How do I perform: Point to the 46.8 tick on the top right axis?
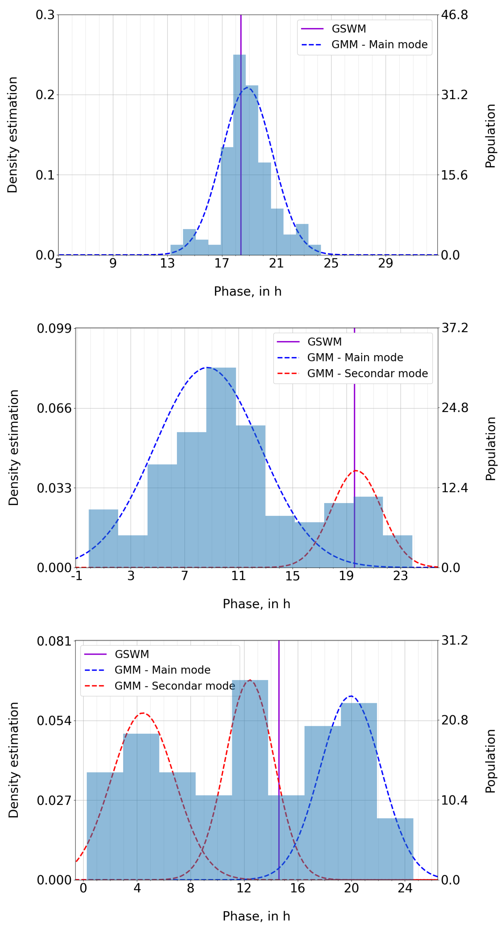(x=454, y=15)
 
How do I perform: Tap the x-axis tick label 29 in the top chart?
(x=385, y=263)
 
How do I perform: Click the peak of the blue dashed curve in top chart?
(x=247, y=87)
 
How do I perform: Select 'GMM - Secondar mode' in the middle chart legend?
(x=367, y=373)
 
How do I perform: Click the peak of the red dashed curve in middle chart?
(x=356, y=471)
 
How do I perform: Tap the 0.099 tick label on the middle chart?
(x=54, y=328)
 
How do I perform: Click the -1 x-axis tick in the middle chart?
(x=76, y=576)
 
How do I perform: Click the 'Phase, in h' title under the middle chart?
(x=256, y=604)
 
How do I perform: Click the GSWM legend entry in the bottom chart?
(x=131, y=654)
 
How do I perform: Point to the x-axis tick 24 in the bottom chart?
(x=405, y=888)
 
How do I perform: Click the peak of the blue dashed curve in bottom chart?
(x=351, y=696)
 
